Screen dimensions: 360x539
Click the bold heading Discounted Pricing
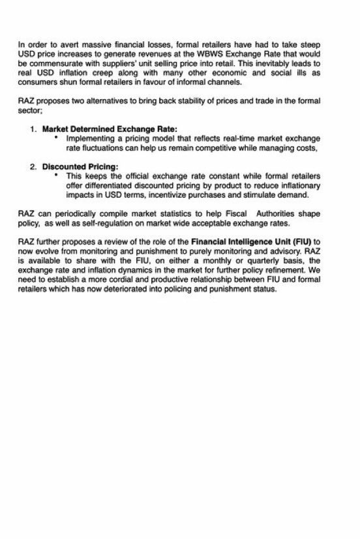coord(80,167)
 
